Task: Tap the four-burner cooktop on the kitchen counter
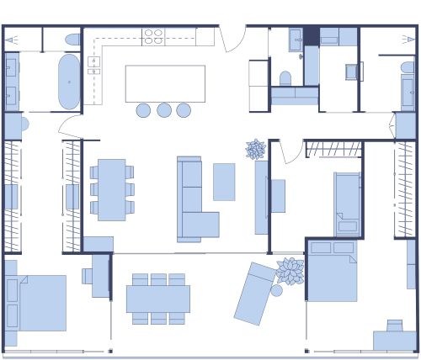coord(153,36)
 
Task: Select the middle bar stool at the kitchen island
coord(164,109)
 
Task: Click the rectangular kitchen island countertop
coord(165,83)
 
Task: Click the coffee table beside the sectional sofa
coord(224,182)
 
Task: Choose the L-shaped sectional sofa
coord(194,202)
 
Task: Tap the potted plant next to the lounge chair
coord(290,271)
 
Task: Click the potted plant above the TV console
coord(256,150)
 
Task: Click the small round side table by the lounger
coord(276,291)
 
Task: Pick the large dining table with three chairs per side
coord(158,299)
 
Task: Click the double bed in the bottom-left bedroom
coord(38,302)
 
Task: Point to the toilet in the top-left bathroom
coord(72,40)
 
